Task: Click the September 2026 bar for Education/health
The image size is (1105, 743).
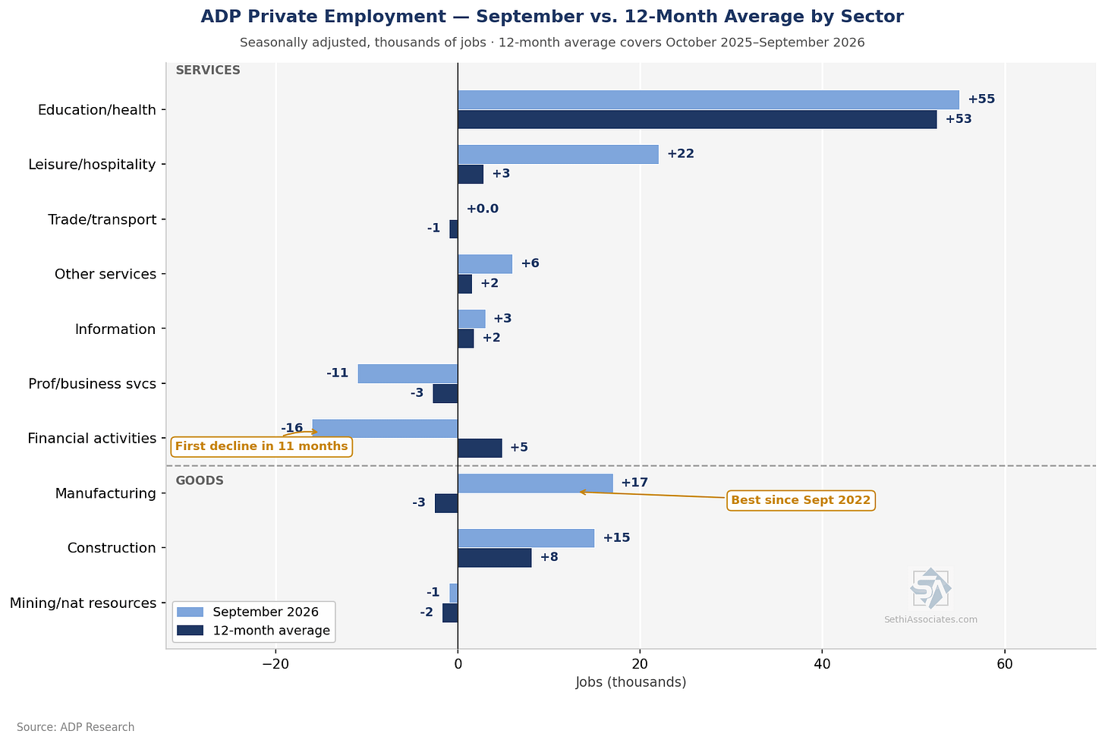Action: point(708,99)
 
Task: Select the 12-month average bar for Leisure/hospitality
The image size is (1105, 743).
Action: point(471,174)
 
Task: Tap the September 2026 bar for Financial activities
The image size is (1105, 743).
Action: point(386,428)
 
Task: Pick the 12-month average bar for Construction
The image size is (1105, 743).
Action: point(495,558)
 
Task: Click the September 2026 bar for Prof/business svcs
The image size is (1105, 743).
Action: point(408,373)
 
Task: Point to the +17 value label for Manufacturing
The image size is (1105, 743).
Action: point(634,483)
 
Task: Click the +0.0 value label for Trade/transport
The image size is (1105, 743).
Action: point(483,209)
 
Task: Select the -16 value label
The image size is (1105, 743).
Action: point(292,428)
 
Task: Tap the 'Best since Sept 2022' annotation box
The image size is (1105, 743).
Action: point(801,500)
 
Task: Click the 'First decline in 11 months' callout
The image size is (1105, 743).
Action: point(261,446)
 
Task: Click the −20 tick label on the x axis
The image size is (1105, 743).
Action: point(275,664)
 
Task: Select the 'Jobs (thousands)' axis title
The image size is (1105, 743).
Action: point(631,682)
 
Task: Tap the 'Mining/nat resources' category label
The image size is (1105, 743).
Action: point(83,603)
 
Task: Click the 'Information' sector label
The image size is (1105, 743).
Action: point(115,329)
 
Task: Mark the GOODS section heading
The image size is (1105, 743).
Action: point(200,480)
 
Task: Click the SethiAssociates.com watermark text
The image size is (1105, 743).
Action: point(930,619)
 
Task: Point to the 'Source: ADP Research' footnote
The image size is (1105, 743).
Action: point(75,727)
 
